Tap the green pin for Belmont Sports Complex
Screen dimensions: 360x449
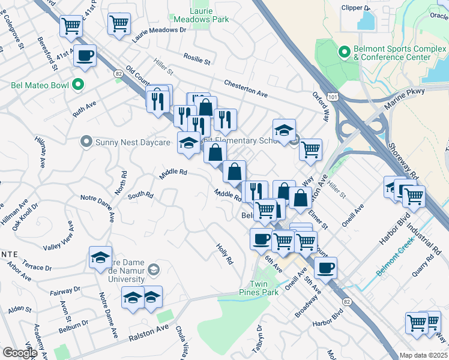[x=345, y=52]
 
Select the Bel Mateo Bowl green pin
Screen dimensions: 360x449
[x=77, y=85]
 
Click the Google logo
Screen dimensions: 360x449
[x=19, y=353]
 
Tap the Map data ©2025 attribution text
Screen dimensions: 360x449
[x=423, y=355]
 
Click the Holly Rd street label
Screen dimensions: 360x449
[x=225, y=254]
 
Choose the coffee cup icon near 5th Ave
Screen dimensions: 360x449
[x=325, y=267]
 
